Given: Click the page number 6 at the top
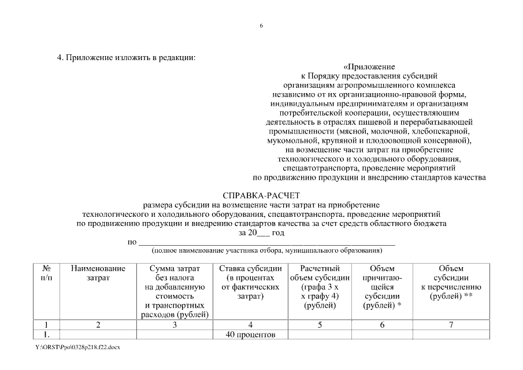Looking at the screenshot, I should point(261,26).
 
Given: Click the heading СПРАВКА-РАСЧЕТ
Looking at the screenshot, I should point(261,196).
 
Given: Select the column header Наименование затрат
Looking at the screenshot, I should point(98,273).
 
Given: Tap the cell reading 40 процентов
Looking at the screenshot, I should point(250,334).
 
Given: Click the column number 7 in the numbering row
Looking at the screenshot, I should point(451,325).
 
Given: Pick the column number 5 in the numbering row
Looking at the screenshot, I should point(320,325).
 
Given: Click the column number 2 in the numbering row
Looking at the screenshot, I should point(98,325).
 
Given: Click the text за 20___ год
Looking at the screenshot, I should point(261,232).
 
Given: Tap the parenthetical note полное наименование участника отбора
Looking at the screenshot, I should point(266,250).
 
